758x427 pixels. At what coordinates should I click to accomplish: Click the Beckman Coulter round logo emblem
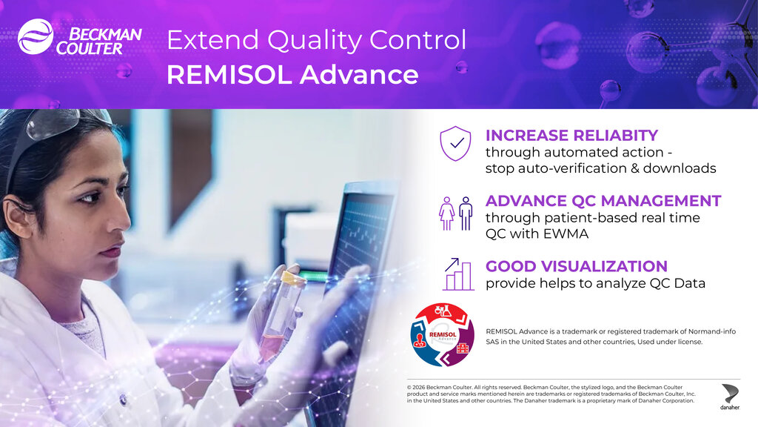[36, 37]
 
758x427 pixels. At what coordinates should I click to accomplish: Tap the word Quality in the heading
[314, 40]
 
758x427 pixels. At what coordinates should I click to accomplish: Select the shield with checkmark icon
[455, 144]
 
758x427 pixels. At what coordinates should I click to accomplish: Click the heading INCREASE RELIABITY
[571, 135]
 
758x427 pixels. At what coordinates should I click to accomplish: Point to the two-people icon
[455, 213]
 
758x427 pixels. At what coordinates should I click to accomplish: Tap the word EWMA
[566, 234]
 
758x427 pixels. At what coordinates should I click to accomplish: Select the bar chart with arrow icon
[458, 274]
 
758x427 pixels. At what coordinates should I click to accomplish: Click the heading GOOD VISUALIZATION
[576, 266]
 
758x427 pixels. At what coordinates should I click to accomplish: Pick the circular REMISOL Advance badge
[443, 335]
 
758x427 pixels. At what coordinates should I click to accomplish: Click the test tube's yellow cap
[293, 278]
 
